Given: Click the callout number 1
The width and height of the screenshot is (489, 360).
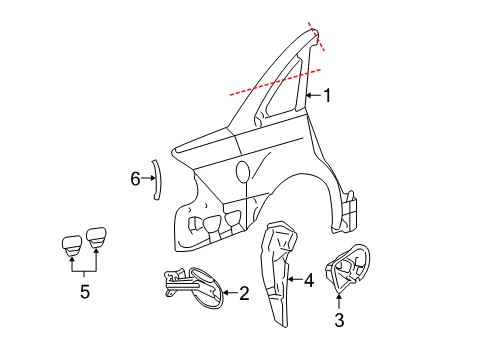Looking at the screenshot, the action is pos(328,95).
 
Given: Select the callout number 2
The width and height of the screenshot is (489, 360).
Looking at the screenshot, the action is pos(244,293).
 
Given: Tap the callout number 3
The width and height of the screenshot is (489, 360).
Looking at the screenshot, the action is pos(339,320).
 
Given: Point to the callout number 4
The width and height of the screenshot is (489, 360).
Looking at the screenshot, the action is pos(309,280).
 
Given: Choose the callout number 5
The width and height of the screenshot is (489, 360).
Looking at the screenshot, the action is pos(85,292).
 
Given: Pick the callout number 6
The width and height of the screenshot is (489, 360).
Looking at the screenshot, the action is pos(135,179).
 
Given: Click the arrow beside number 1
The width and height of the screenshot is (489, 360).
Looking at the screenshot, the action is pos(313,96).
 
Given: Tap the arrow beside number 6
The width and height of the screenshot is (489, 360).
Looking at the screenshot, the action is pos(148,178).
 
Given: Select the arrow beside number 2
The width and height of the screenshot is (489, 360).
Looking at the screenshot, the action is pos(230,293).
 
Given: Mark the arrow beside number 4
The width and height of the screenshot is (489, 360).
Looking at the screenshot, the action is pos(294,279).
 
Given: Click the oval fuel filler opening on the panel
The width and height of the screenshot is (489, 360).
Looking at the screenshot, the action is pos(243,172).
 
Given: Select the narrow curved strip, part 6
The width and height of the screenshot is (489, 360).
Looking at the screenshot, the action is pos(158,180).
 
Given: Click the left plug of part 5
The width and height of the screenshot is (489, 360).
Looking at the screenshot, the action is pos(72,245).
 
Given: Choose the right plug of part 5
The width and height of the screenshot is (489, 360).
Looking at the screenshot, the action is pos(96,238).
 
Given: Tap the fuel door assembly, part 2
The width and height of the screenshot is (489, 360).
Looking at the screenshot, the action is pos(193,287).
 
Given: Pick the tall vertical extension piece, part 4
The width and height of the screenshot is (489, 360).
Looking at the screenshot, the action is pos(279,273).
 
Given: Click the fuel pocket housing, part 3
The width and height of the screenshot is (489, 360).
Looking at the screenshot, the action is pos(347,269).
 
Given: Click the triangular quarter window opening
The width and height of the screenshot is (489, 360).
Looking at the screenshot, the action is pos(281,91).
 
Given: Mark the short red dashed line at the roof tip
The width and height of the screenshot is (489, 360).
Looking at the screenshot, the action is pos(316,36).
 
